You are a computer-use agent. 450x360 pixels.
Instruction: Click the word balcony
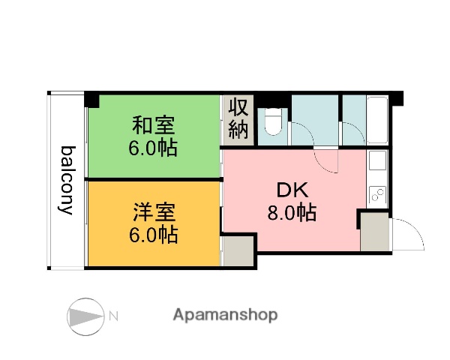click(67, 179)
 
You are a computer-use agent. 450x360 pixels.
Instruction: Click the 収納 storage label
click(238, 118)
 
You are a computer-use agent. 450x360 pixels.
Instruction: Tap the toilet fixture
click(272, 121)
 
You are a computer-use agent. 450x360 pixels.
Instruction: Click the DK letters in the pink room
click(290, 188)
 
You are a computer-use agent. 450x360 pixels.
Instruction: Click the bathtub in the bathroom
click(377, 120)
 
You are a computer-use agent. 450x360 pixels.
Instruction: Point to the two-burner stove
click(377, 195)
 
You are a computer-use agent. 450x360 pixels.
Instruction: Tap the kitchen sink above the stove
click(377, 161)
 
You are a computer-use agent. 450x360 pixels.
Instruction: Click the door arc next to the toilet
click(301, 134)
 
